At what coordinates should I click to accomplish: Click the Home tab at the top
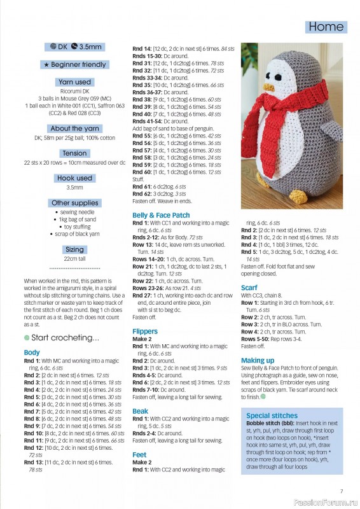pyautogui.click(x=326, y=27)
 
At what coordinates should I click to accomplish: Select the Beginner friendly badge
pyautogui.click(x=74, y=65)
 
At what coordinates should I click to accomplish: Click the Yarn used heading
pyautogui.click(x=74, y=82)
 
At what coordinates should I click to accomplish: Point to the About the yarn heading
pyautogui.click(x=74, y=129)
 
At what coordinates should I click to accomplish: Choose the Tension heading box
pyautogui.click(x=74, y=153)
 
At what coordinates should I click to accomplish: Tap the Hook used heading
pyautogui.click(x=74, y=178)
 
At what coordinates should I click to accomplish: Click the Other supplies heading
pyautogui.click(x=74, y=203)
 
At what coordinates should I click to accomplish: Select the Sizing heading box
pyautogui.click(x=74, y=250)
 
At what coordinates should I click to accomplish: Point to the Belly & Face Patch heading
pyautogui.click(x=161, y=216)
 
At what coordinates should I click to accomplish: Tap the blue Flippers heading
pyautogui.click(x=145, y=331)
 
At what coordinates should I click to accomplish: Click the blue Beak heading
pyautogui.click(x=141, y=411)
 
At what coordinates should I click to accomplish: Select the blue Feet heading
pyautogui.click(x=140, y=455)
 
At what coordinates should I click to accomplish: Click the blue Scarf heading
pyautogui.click(x=249, y=288)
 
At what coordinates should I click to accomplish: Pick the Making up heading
pyautogui.click(x=258, y=360)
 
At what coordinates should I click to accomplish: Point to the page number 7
pyautogui.click(x=342, y=491)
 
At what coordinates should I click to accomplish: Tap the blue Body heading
pyautogui.click(x=32, y=352)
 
